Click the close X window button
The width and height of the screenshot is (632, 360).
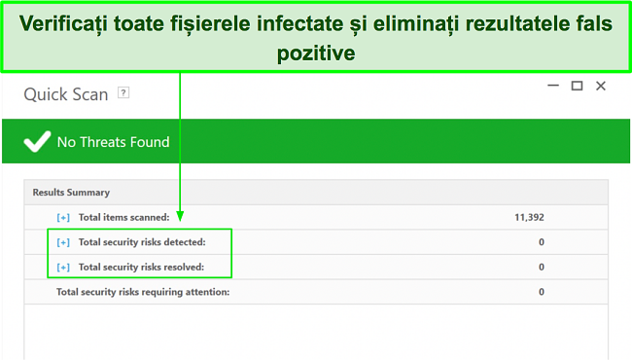(x=600, y=87)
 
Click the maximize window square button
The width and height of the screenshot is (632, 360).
(x=577, y=87)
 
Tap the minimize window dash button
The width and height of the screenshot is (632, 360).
(x=551, y=87)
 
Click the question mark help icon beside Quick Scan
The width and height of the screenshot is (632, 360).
(x=123, y=93)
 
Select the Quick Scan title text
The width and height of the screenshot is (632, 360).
(x=66, y=94)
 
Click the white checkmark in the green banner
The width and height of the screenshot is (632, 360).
(x=37, y=142)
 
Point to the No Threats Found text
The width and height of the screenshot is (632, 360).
(x=113, y=142)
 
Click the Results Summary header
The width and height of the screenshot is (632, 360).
(x=71, y=193)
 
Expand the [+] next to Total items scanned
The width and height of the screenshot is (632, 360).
(x=63, y=217)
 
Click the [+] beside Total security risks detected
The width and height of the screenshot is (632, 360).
(x=63, y=241)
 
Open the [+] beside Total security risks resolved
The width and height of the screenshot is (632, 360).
(x=63, y=267)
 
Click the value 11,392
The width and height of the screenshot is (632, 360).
(x=529, y=217)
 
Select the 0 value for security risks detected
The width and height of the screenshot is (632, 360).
(x=541, y=241)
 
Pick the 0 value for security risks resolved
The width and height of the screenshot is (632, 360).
(x=541, y=267)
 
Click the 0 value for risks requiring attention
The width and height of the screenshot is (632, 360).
(x=541, y=292)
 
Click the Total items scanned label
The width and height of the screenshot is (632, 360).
(x=123, y=217)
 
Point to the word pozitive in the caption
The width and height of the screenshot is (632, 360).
(x=316, y=54)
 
